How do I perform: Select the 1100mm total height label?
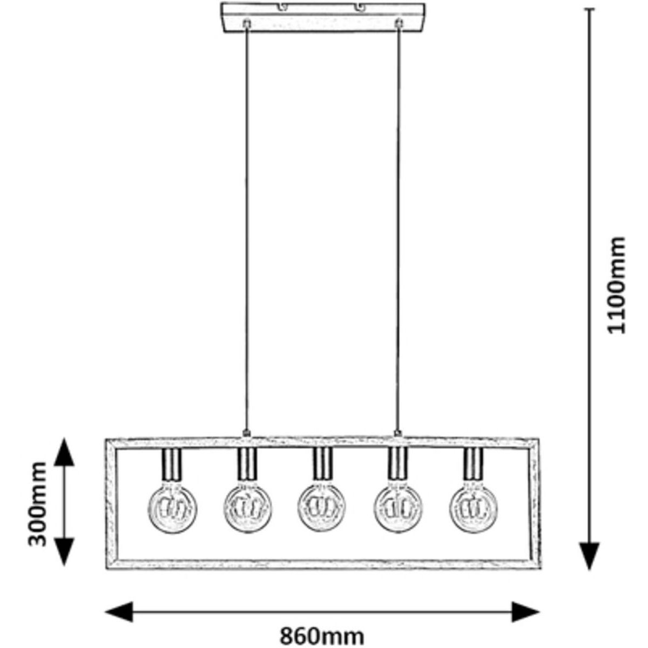(615, 285)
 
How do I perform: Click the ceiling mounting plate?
(323, 18)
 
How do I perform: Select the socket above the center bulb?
(323, 465)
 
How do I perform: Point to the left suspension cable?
(247, 227)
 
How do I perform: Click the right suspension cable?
(399, 227)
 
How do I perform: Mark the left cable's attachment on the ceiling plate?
(247, 24)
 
